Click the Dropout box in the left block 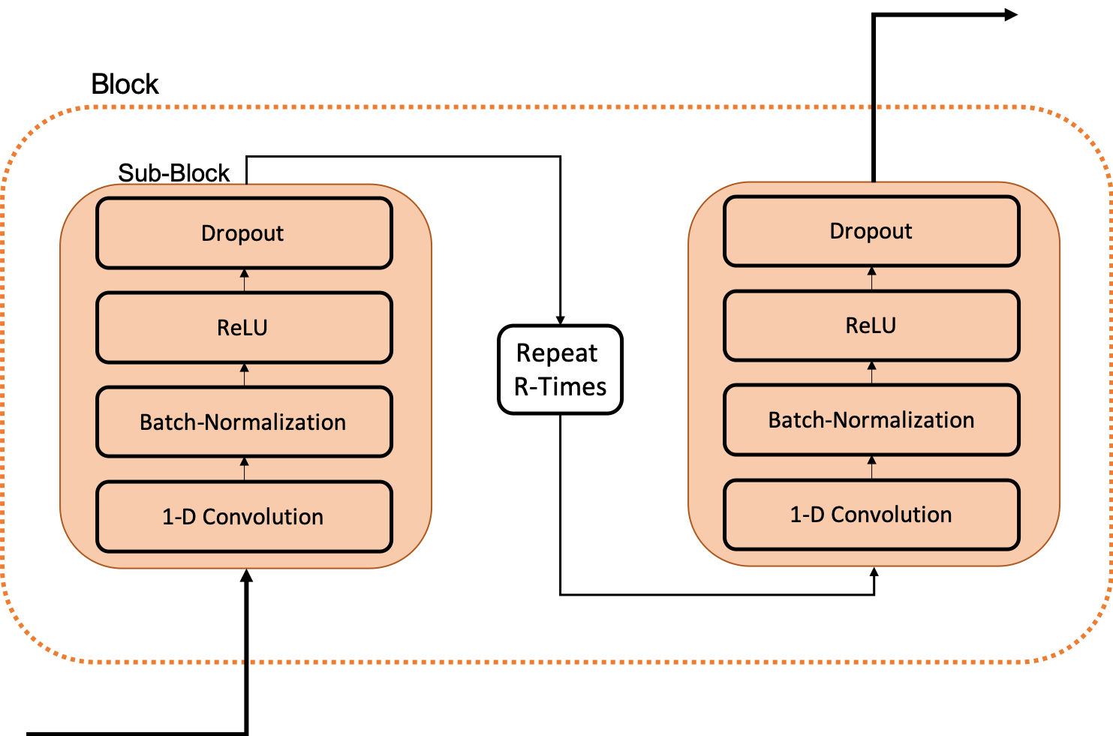pyautogui.click(x=244, y=233)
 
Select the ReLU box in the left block pyautogui.click(x=244, y=328)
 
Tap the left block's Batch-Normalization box pyautogui.click(x=244, y=422)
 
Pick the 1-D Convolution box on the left pyautogui.click(x=244, y=517)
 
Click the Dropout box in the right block pyautogui.click(x=871, y=231)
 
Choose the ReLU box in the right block pyautogui.click(x=871, y=326)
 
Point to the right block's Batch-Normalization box pyautogui.click(x=871, y=420)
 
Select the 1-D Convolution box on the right pyautogui.click(x=871, y=515)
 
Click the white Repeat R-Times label pyautogui.click(x=560, y=369)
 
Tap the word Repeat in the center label pyautogui.click(x=557, y=353)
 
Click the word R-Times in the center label pyautogui.click(x=560, y=387)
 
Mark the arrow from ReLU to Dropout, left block pyautogui.click(x=244, y=280)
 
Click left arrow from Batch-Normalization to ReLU pyautogui.click(x=244, y=374)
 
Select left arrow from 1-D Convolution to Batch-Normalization pyautogui.click(x=244, y=469)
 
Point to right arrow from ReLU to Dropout pyautogui.click(x=871, y=278)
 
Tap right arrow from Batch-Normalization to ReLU pyautogui.click(x=871, y=372)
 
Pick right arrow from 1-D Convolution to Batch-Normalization pyautogui.click(x=871, y=467)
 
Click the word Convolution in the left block pyautogui.click(x=263, y=517)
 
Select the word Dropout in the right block pyautogui.click(x=871, y=231)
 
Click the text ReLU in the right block pyautogui.click(x=871, y=326)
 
